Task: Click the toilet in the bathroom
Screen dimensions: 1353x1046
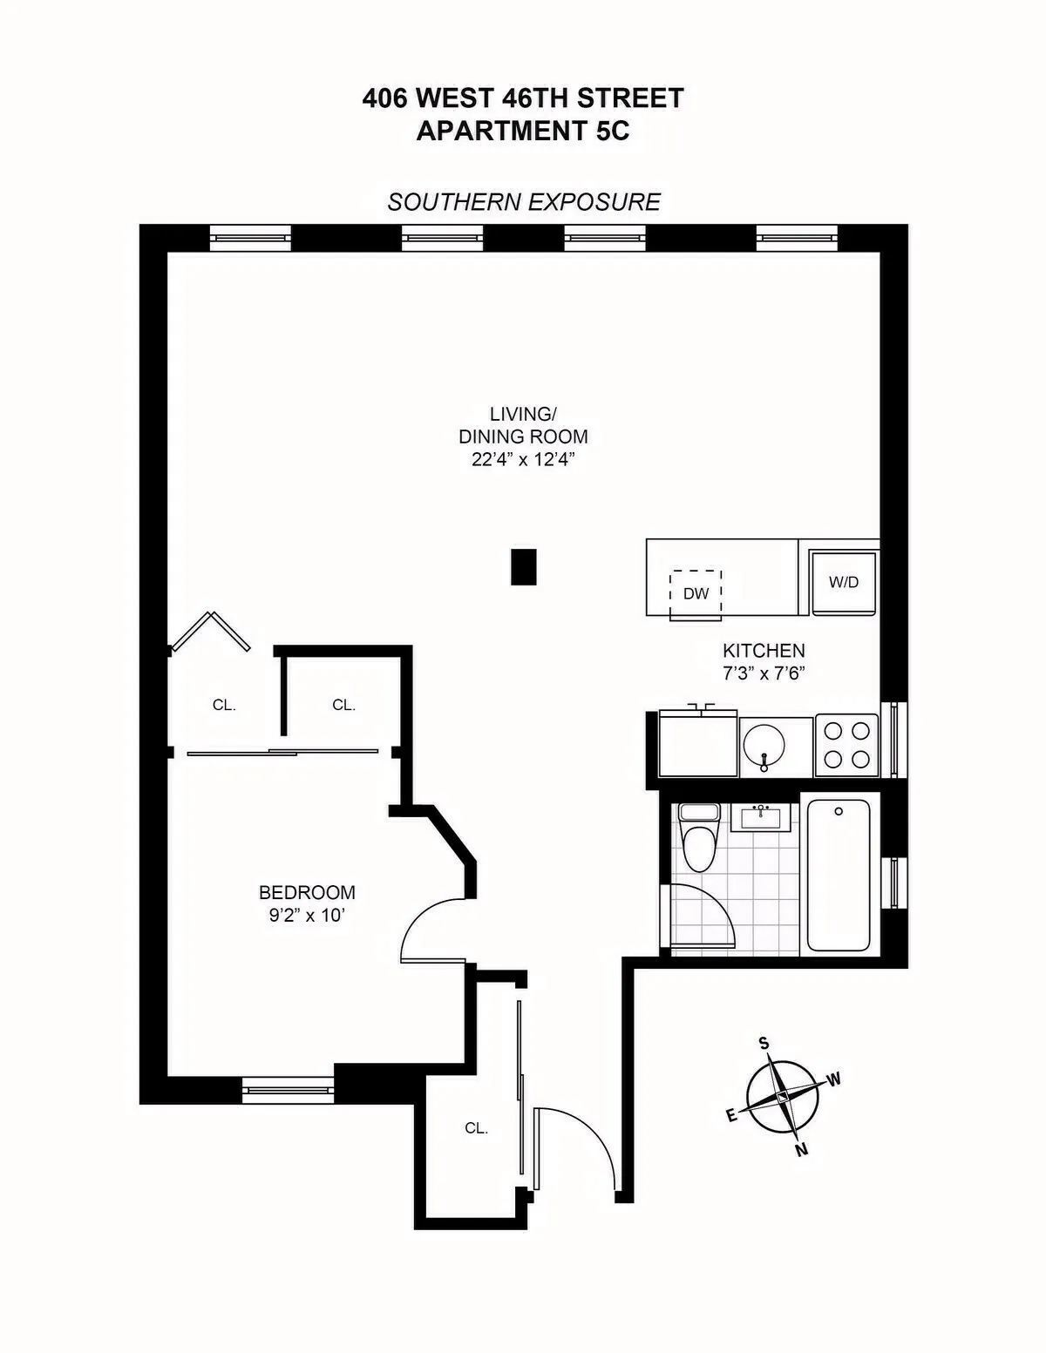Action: (x=699, y=840)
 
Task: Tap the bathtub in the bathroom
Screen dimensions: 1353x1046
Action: (x=839, y=875)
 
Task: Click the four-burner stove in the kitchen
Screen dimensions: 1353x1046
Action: (x=846, y=745)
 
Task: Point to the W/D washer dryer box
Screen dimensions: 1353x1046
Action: (x=843, y=582)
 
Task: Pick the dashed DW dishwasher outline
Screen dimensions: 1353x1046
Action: (x=696, y=594)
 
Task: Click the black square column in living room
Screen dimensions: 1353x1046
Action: (x=523, y=566)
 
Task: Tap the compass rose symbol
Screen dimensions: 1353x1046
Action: (x=783, y=1097)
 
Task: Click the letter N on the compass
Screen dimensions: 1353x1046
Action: (x=802, y=1150)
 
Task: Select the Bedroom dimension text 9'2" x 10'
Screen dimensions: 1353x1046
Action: (x=308, y=916)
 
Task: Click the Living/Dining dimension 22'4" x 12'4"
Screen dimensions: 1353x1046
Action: (x=523, y=460)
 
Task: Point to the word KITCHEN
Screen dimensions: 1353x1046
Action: (x=764, y=651)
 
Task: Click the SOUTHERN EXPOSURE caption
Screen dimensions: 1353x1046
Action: (x=524, y=202)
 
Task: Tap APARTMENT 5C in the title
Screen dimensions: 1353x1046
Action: (x=523, y=131)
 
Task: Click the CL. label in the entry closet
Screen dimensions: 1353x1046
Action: (x=476, y=1127)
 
